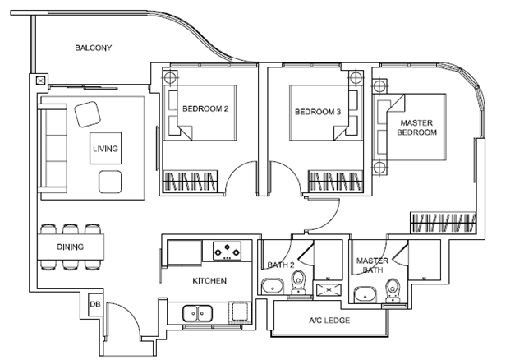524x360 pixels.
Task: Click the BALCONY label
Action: [x=93, y=48]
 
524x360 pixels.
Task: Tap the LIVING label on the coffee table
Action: [x=105, y=149]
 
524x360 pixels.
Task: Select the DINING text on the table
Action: [x=70, y=246]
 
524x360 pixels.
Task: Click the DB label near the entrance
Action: [x=94, y=305]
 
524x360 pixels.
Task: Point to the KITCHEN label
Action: [x=209, y=281]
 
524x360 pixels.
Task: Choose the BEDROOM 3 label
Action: [x=318, y=111]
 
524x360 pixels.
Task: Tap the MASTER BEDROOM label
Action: [x=417, y=128]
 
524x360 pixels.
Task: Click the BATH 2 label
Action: [x=279, y=265]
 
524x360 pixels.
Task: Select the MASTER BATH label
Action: [x=372, y=265]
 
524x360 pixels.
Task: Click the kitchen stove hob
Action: [x=228, y=249]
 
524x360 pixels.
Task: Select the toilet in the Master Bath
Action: [x=393, y=288]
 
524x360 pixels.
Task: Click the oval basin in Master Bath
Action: [x=362, y=293]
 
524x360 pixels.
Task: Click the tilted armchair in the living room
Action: [x=88, y=113]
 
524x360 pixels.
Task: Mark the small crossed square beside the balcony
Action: [x=40, y=81]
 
